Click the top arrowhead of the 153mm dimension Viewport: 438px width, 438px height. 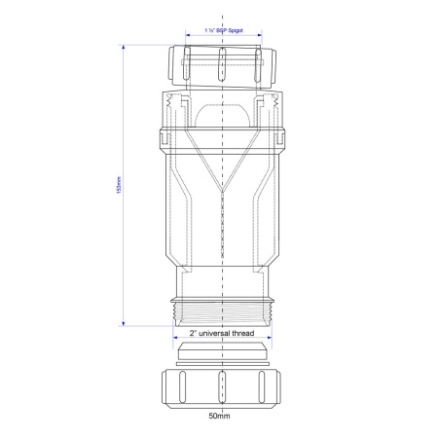(x=123, y=46)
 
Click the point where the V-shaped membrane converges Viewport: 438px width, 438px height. (x=223, y=186)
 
